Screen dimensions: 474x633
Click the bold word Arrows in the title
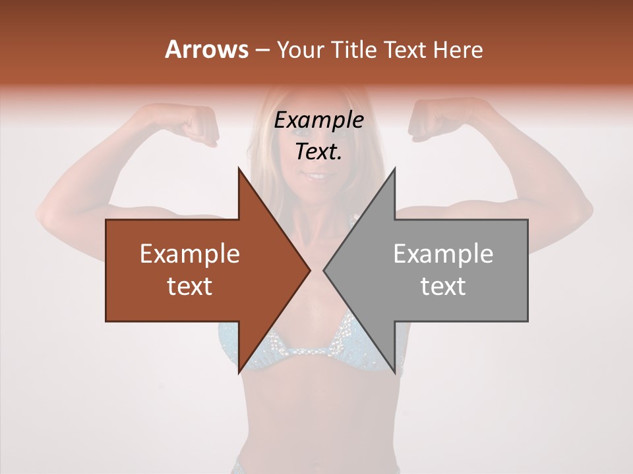tap(206, 49)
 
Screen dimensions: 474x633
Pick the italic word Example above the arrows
tap(319, 120)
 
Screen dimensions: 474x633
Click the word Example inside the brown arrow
tap(190, 254)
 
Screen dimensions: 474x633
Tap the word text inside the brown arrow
tap(190, 286)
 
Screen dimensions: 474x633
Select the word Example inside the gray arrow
tap(443, 254)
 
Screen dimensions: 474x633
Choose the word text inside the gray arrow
tap(443, 286)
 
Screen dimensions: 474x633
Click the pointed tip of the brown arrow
tap(309, 270)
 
